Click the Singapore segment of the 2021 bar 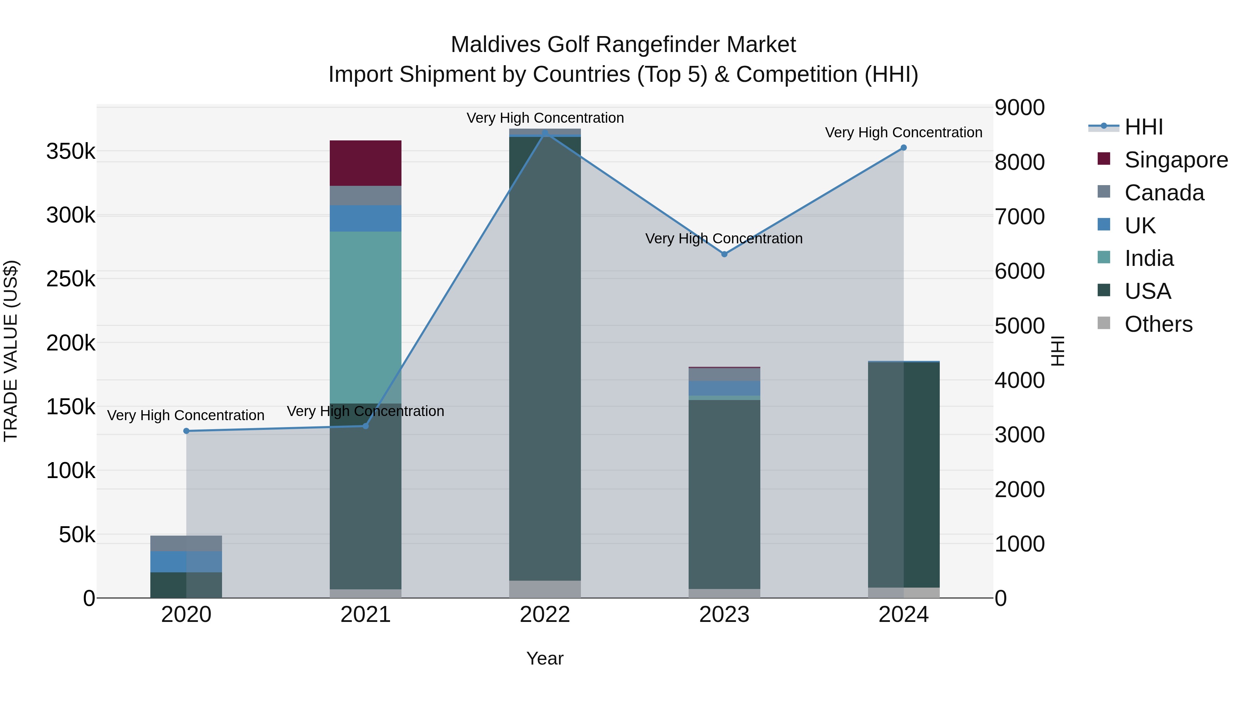point(365,163)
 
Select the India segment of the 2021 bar point(365,317)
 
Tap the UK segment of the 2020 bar point(186,562)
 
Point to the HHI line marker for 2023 point(724,254)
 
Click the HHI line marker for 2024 point(903,148)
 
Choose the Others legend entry point(1158,324)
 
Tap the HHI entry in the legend point(1143,127)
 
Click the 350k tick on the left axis point(71,151)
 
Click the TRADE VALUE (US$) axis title point(11,351)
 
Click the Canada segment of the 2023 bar point(724,374)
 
